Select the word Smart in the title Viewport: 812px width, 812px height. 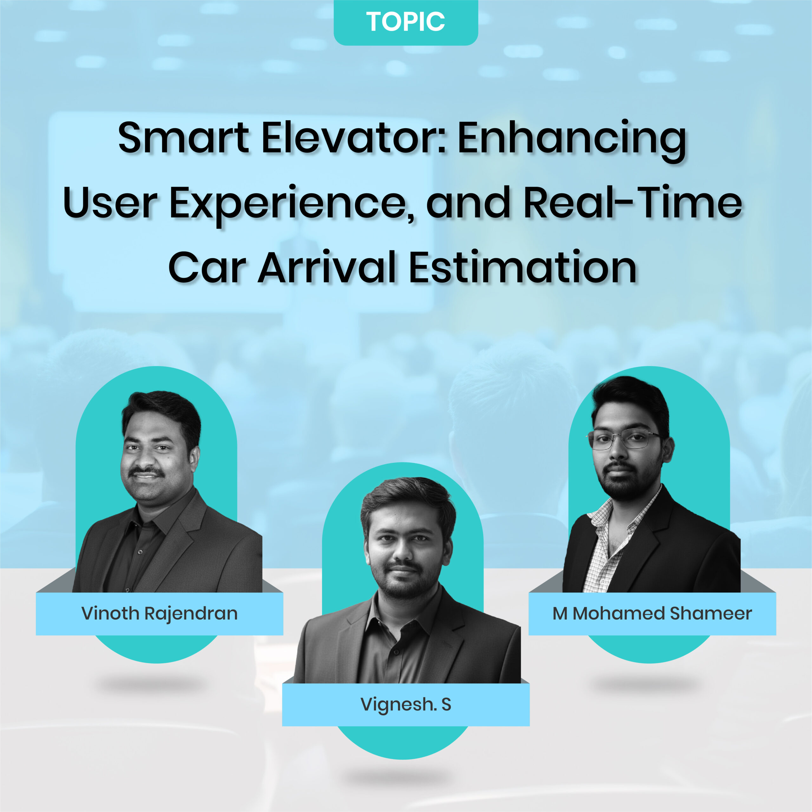(x=184, y=138)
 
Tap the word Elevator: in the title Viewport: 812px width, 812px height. (x=354, y=138)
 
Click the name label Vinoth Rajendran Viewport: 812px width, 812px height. (x=160, y=614)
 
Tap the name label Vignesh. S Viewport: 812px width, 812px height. (x=406, y=705)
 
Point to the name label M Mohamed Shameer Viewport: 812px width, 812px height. (x=652, y=614)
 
